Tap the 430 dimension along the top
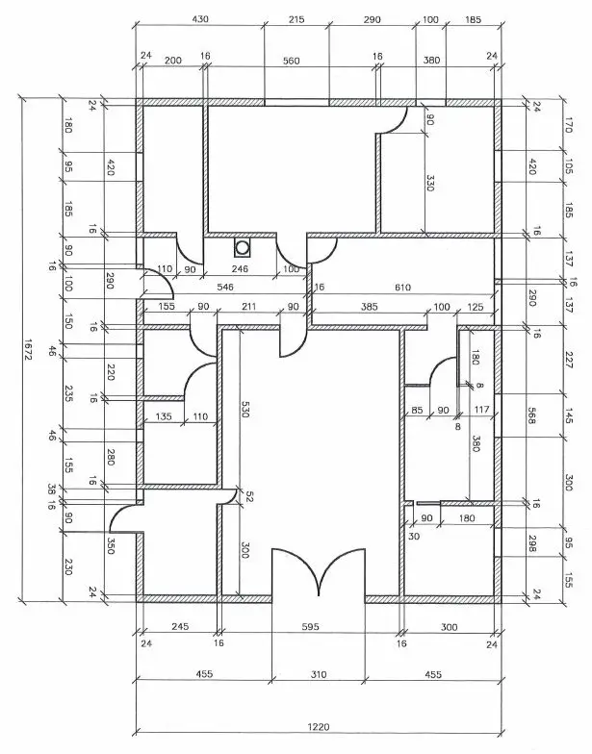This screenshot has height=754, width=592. (200, 18)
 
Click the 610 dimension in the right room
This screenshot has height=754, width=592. (402, 287)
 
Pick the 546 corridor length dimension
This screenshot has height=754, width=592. (225, 287)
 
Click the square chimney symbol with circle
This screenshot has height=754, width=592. (241, 247)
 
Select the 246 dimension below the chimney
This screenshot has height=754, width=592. (241, 269)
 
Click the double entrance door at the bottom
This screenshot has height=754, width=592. (319, 577)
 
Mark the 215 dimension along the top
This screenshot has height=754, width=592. (296, 18)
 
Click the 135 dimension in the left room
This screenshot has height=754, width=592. (164, 416)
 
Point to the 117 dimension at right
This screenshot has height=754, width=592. (481, 411)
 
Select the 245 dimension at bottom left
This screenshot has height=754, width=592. (179, 626)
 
